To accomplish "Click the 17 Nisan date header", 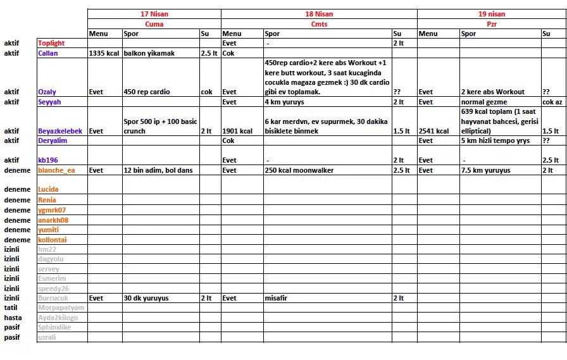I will coord(154,14).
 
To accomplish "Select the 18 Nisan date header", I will coord(319,14).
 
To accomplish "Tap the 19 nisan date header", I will coord(492,14).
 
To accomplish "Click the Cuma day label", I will coord(154,24).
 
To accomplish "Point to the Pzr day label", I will coord(492,24).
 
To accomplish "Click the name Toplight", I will coord(51,44).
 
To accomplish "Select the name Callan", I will coord(48,54).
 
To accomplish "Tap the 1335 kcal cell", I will coord(104,54).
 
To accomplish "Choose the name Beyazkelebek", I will coord(60,131).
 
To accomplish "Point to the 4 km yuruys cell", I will coord(284,102).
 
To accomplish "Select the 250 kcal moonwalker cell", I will coord(299,170).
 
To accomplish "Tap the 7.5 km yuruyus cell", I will coord(485,170).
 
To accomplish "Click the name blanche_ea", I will coord(56,170).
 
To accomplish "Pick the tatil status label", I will coord(11,307).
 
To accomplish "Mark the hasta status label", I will coord(13,318).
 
